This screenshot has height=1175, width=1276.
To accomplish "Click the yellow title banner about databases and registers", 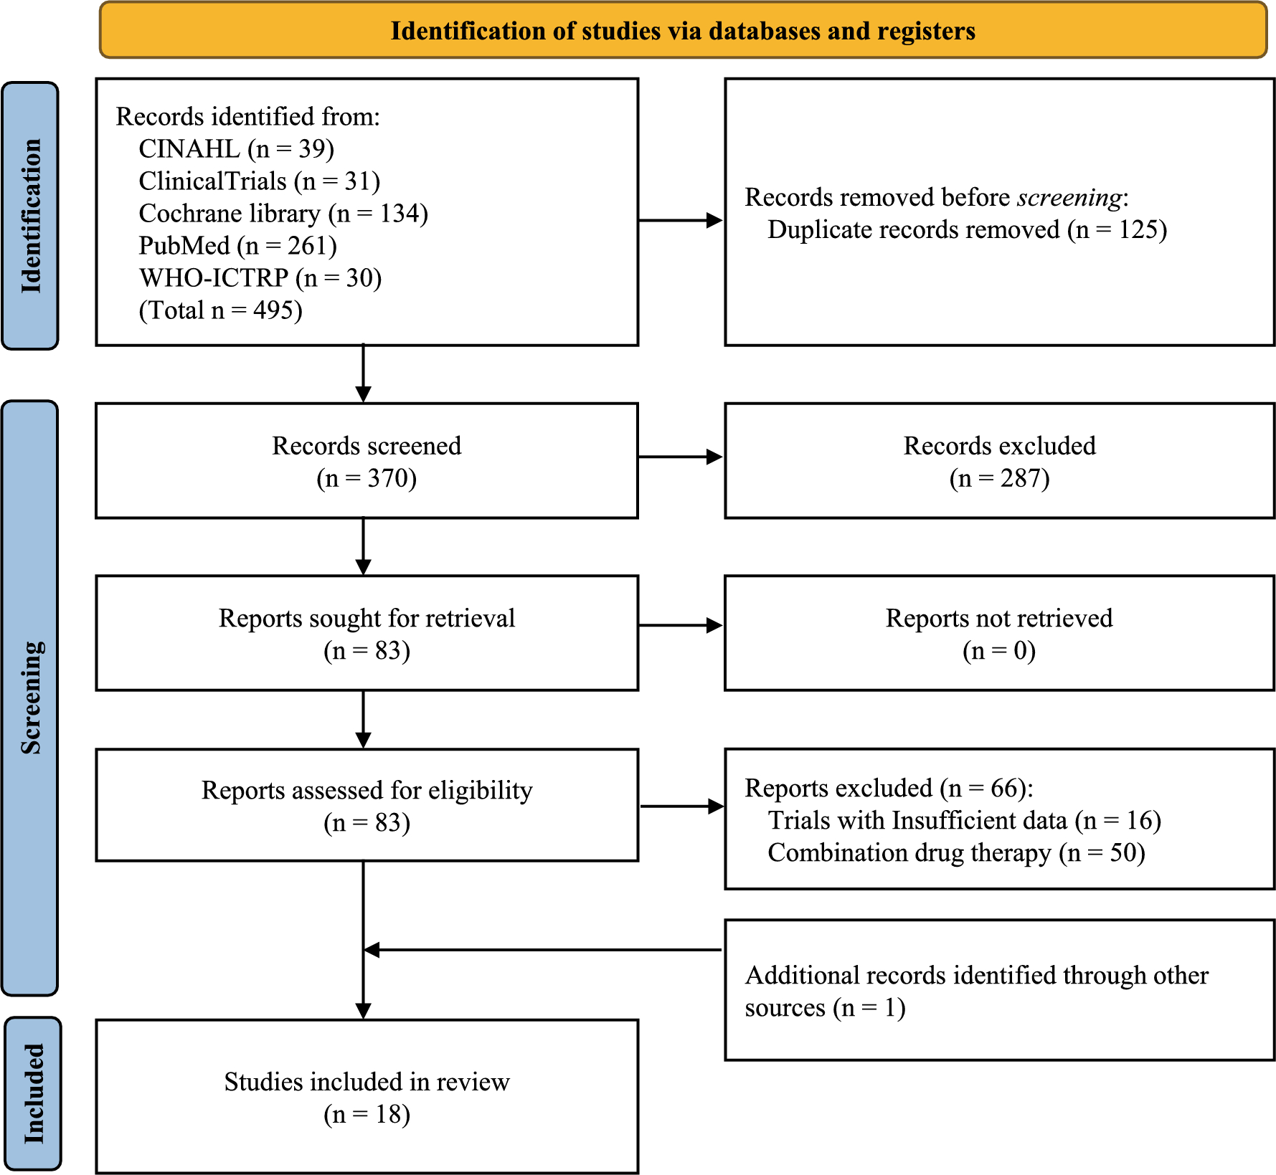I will (683, 31).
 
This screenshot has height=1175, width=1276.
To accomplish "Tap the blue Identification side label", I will (30, 215).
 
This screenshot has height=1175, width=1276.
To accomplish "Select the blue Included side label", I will (33, 1093).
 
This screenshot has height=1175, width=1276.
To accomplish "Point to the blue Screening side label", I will (30, 698).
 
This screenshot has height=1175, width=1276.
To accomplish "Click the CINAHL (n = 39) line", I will (236, 149).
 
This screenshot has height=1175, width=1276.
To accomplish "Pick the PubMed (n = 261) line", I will (237, 246).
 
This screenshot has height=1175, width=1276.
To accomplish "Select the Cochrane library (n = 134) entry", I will (283, 214).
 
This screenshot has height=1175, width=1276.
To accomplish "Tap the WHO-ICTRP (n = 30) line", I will (260, 278).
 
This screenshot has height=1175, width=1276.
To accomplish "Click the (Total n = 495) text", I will (220, 310).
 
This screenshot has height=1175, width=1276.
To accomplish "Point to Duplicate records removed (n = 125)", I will (967, 229).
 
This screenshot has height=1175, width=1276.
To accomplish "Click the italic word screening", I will (1069, 197).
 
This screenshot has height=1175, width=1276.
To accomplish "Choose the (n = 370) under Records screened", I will (367, 478).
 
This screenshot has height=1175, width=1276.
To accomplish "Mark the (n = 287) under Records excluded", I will (999, 478).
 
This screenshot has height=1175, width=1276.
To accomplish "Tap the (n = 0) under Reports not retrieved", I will (999, 651).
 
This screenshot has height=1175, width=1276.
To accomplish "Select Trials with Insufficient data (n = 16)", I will (964, 820).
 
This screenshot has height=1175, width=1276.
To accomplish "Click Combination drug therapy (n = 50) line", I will (955, 853).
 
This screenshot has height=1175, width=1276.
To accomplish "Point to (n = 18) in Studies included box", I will (367, 1114).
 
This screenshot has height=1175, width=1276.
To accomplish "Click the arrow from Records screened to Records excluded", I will (680, 457).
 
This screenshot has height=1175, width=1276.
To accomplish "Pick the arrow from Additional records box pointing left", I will (542, 950).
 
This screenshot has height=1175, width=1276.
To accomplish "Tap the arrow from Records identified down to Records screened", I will (364, 374).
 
